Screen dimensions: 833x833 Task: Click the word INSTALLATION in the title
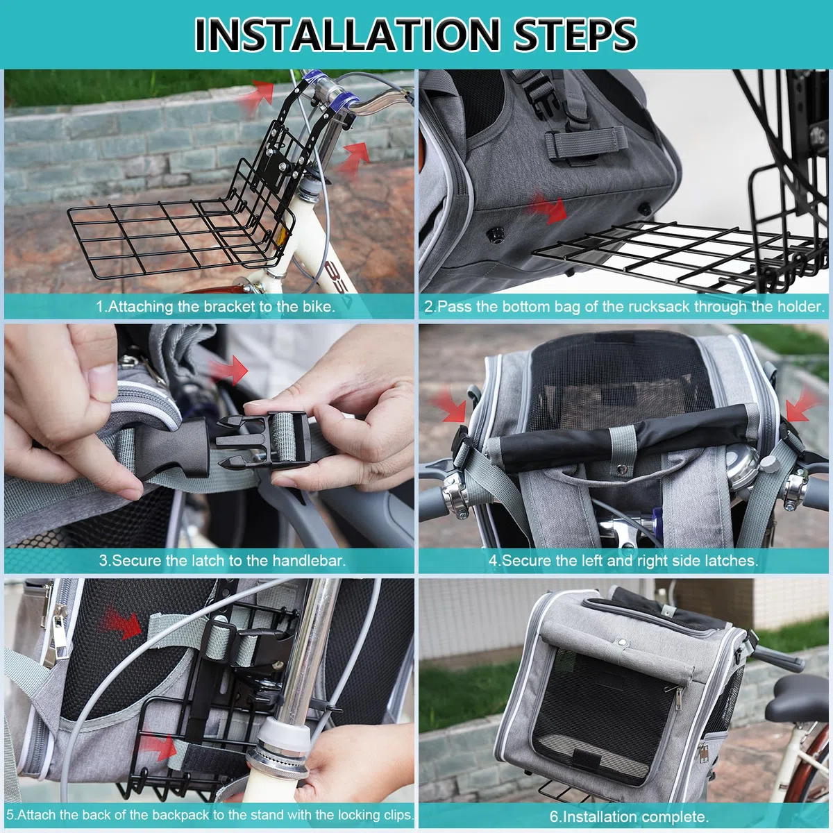tap(347, 34)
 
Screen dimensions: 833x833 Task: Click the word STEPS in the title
tap(575, 34)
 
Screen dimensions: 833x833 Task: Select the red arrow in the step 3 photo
tap(229, 369)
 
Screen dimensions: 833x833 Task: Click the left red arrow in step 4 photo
tap(450, 404)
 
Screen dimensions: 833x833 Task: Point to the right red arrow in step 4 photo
tap(802, 404)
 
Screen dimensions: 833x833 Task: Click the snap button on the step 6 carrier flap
tap(622, 643)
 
